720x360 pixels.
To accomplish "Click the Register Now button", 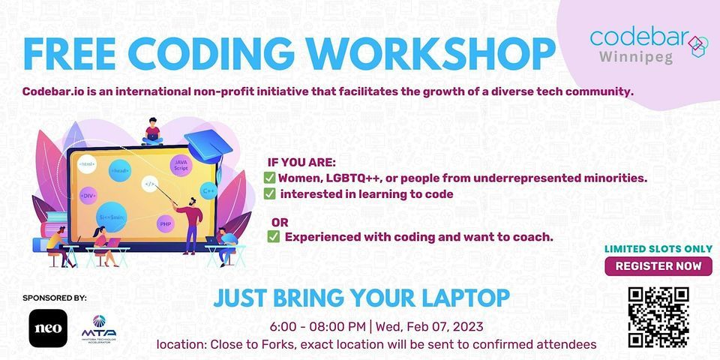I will pos(658,265).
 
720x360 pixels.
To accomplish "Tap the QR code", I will pos(658,316).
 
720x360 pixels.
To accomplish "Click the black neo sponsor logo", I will pos(48,328).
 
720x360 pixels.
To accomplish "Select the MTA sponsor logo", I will pos(99,328).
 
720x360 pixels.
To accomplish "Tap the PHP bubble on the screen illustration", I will pos(165,223).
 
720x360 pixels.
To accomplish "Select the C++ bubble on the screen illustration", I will pos(208,191).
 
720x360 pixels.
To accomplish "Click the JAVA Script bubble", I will pos(181,164).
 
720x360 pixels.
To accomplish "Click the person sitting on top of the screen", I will pos(153,132).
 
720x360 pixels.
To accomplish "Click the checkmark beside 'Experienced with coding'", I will pos(274,237).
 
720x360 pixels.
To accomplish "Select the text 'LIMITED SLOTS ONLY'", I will pos(658,249).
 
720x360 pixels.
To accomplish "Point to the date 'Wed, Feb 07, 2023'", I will pos(430,327).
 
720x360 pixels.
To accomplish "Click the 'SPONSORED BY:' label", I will pos(55,298).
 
